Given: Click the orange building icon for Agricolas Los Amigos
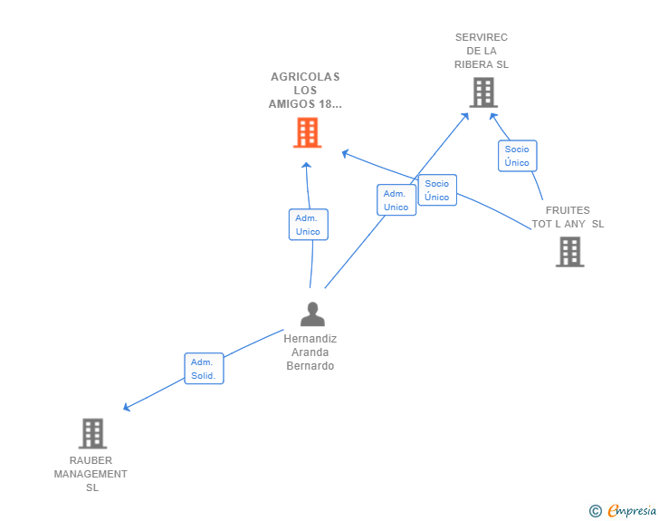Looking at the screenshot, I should click(307, 132).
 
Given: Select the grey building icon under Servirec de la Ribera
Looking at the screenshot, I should click(483, 92).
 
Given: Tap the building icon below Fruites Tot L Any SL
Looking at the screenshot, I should click(569, 251).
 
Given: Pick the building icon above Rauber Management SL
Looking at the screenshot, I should click(92, 433).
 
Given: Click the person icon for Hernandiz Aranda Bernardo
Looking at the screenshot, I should click(312, 314).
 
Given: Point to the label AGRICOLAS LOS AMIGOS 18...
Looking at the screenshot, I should click(305, 91).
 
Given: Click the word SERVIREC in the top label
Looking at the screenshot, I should click(482, 37).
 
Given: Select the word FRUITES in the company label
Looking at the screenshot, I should click(568, 210).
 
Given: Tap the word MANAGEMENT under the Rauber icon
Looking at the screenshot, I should click(91, 474).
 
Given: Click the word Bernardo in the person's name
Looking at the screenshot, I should click(310, 366).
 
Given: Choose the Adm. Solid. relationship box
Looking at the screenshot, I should click(204, 369).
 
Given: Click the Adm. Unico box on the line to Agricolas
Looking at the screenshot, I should click(308, 225).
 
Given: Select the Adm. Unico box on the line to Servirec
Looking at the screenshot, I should click(396, 200).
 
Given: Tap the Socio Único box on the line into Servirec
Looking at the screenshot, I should click(517, 156).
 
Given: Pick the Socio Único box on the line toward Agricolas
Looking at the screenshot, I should click(436, 190).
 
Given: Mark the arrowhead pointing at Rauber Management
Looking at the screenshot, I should click(127, 407).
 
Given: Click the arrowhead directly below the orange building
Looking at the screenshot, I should click(306, 166).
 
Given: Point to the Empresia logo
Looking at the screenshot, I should click(632, 510).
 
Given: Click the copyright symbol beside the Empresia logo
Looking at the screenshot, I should click(596, 511).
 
